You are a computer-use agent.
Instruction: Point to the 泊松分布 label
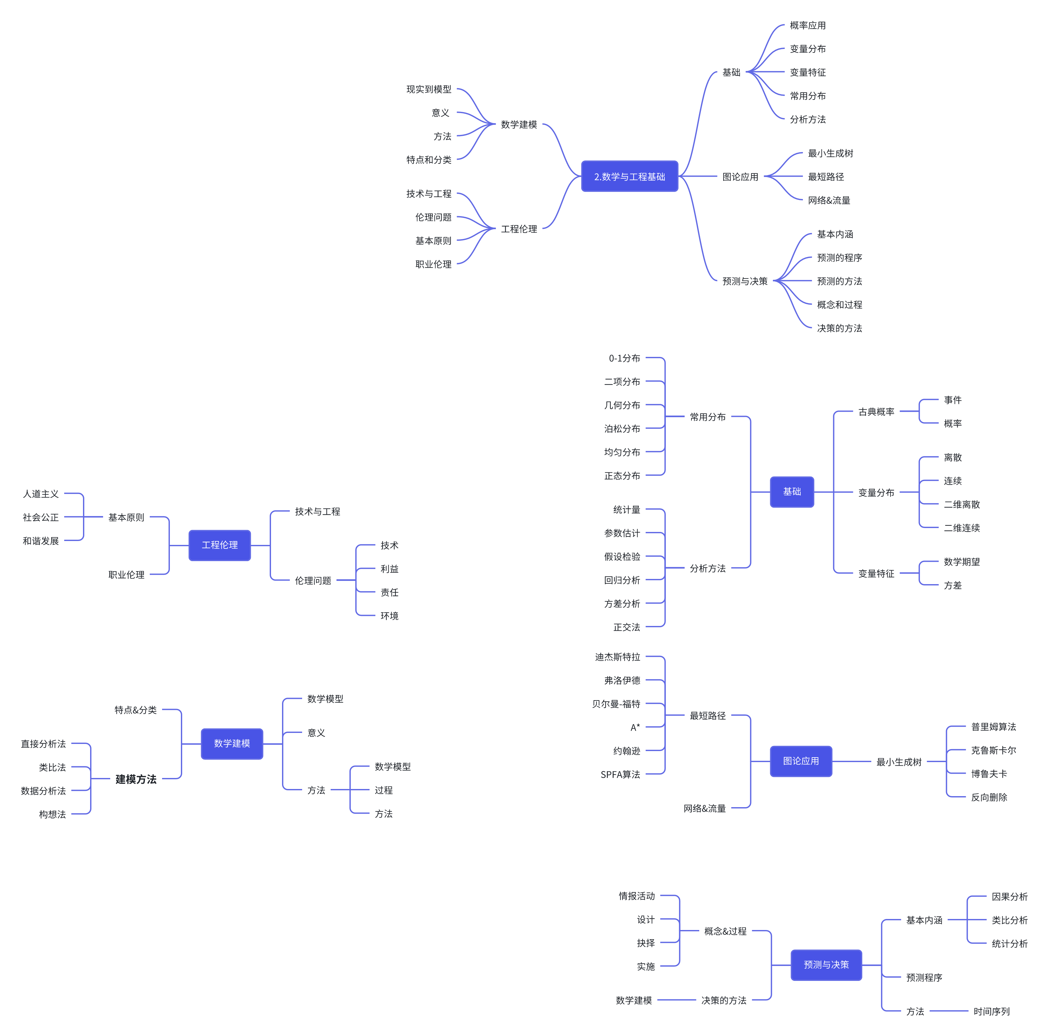tap(622, 429)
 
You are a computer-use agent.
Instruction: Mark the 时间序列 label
tap(991, 1011)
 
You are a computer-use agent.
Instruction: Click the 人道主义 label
tap(41, 494)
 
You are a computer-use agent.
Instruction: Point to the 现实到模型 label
tap(429, 89)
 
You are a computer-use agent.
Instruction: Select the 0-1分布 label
tap(624, 358)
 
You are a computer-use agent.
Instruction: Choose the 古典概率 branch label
tap(876, 412)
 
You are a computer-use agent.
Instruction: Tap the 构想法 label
tap(52, 814)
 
